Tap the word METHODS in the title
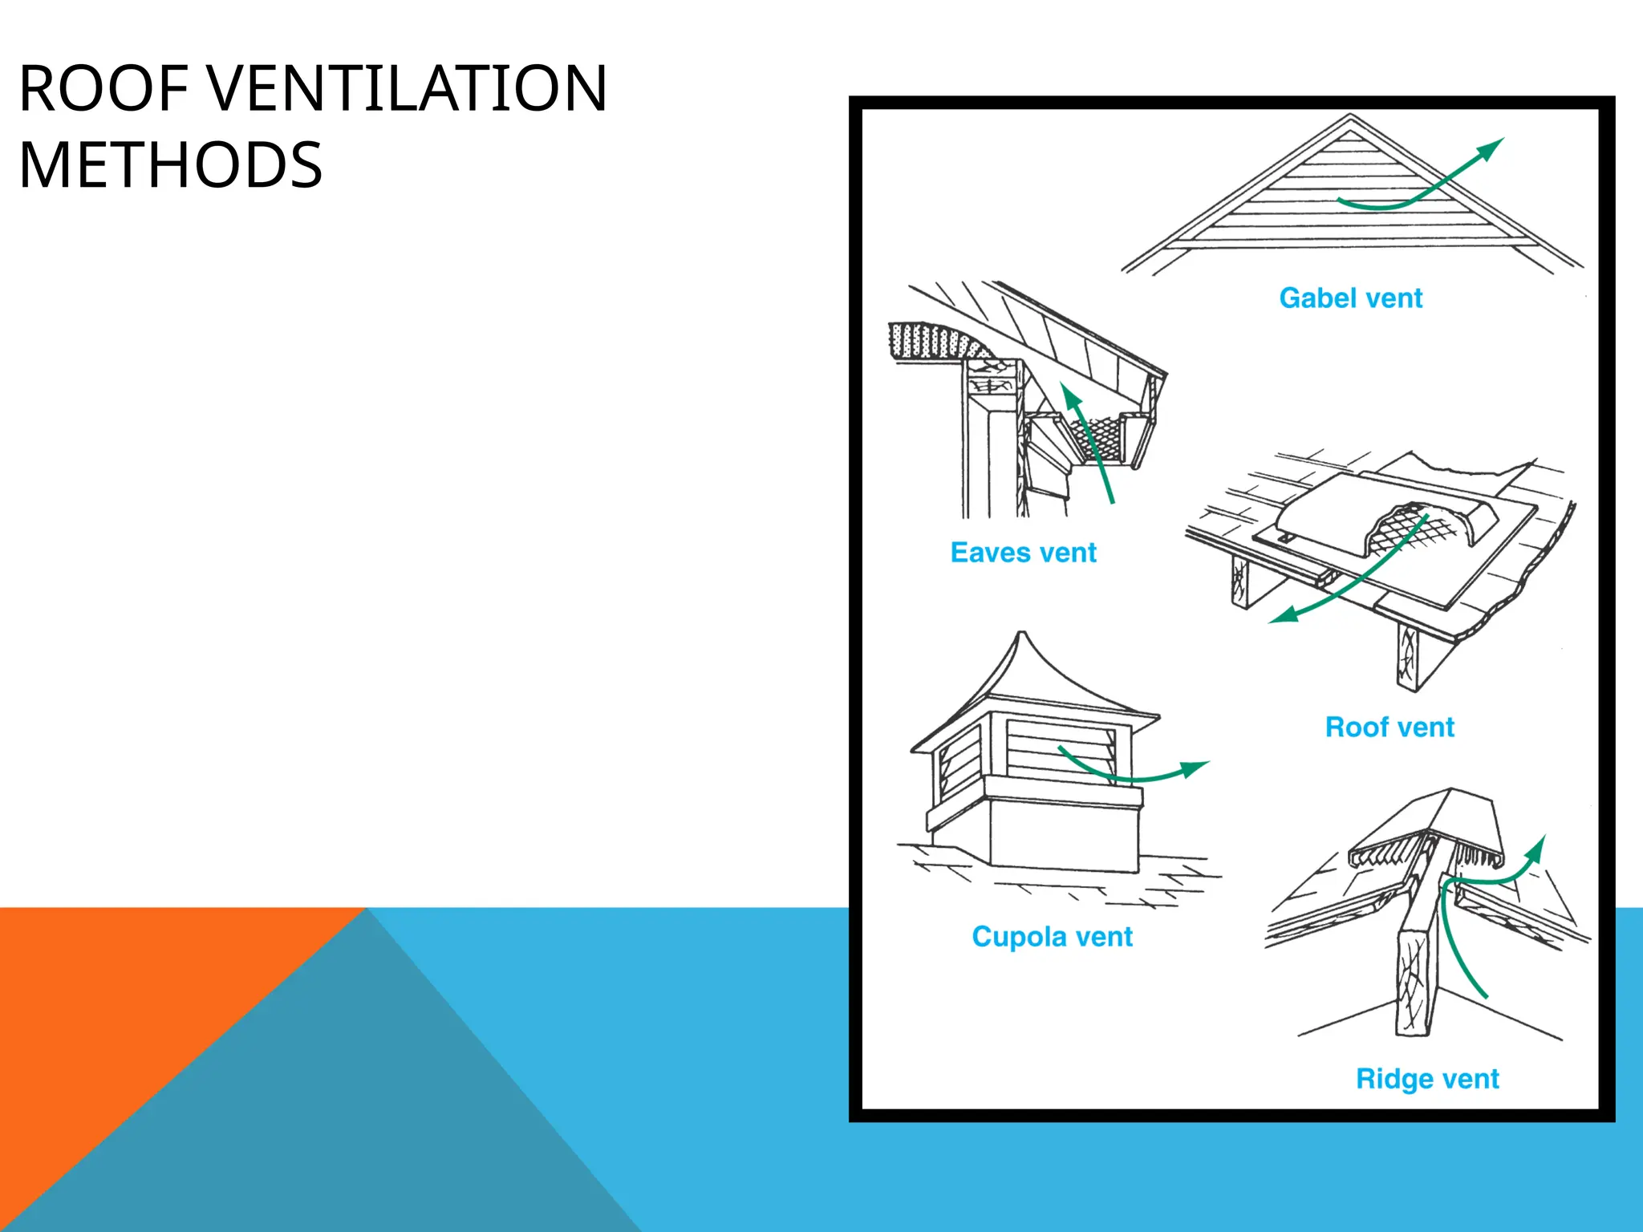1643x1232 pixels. click(170, 165)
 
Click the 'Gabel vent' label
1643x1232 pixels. click(1350, 298)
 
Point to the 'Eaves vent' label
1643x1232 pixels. click(1023, 553)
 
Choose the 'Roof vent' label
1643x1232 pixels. click(1389, 727)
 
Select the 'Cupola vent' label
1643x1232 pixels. click(1052, 937)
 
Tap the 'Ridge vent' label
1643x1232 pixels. click(1427, 1079)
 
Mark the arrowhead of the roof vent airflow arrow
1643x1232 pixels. click(1284, 615)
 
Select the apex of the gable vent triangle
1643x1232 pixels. click(1351, 116)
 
